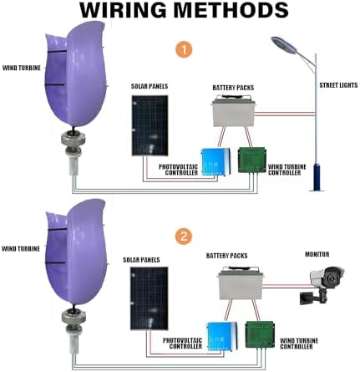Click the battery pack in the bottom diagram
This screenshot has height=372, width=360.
click(x=246, y=284)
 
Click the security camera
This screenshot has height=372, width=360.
click(x=326, y=278)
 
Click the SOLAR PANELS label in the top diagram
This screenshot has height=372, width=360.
click(x=149, y=86)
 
